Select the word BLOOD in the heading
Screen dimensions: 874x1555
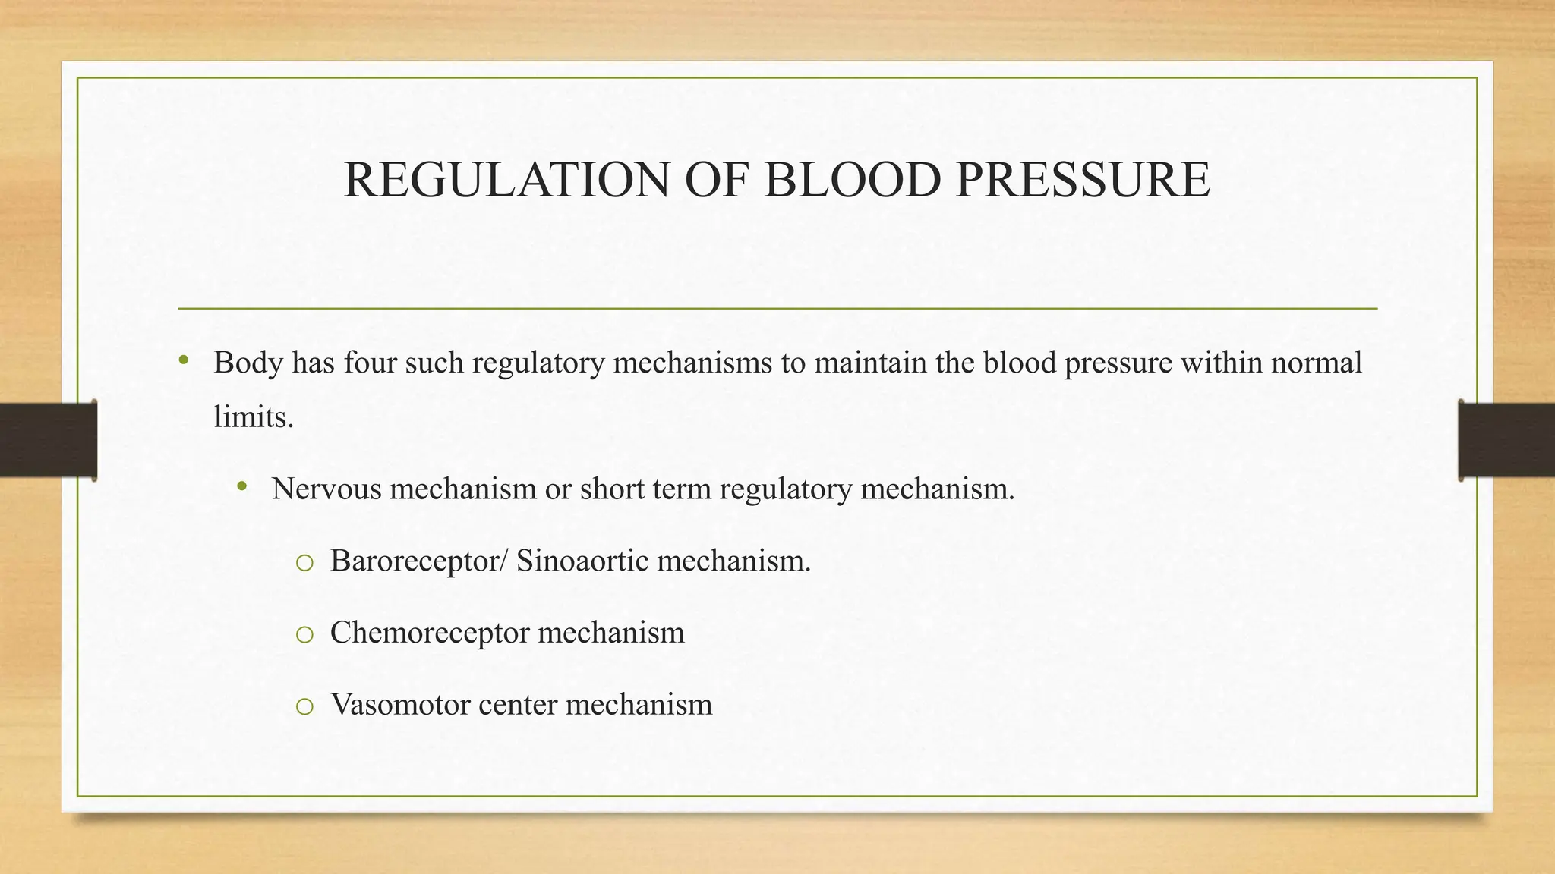pos(853,181)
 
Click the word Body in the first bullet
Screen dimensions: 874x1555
pos(248,363)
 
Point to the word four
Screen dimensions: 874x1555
pos(370,363)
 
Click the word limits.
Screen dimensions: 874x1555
pos(254,417)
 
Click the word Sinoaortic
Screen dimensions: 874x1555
pos(582,561)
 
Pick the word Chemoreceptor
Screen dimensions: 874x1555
pos(430,633)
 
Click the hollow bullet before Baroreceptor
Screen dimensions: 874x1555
pos(304,563)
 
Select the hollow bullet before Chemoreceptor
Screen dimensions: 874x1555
pos(304,635)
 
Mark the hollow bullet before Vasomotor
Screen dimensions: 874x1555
pos(304,707)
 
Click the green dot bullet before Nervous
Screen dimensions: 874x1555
pos(242,486)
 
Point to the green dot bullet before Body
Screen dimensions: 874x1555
pos(184,360)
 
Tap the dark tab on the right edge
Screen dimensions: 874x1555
pos(1506,440)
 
